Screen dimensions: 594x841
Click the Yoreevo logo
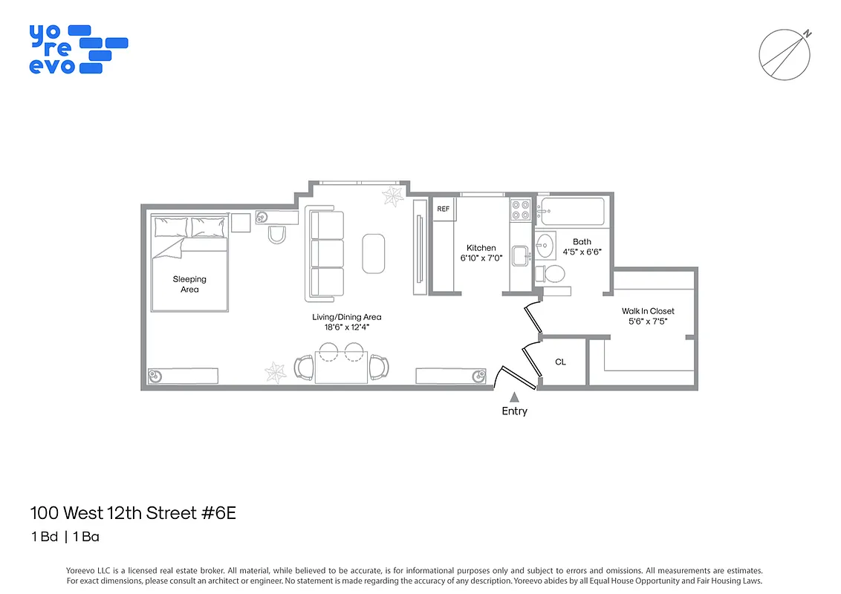[x=78, y=49]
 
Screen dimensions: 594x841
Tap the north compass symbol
[x=783, y=55]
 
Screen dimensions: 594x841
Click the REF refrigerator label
[x=444, y=209]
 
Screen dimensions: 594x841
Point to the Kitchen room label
[x=481, y=248]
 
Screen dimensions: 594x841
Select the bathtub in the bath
[x=572, y=211]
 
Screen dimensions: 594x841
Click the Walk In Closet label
[x=648, y=311]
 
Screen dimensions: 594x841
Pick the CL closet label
[x=561, y=362]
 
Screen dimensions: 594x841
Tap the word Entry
[x=514, y=411]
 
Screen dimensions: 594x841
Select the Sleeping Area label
[x=189, y=284]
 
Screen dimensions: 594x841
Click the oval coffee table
[x=374, y=253]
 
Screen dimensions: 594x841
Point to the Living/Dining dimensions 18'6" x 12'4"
[x=347, y=327]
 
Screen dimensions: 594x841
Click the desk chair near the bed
[x=276, y=235]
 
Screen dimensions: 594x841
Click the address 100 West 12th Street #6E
[x=133, y=513]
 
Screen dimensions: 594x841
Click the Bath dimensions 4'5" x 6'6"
[x=582, y=252]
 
